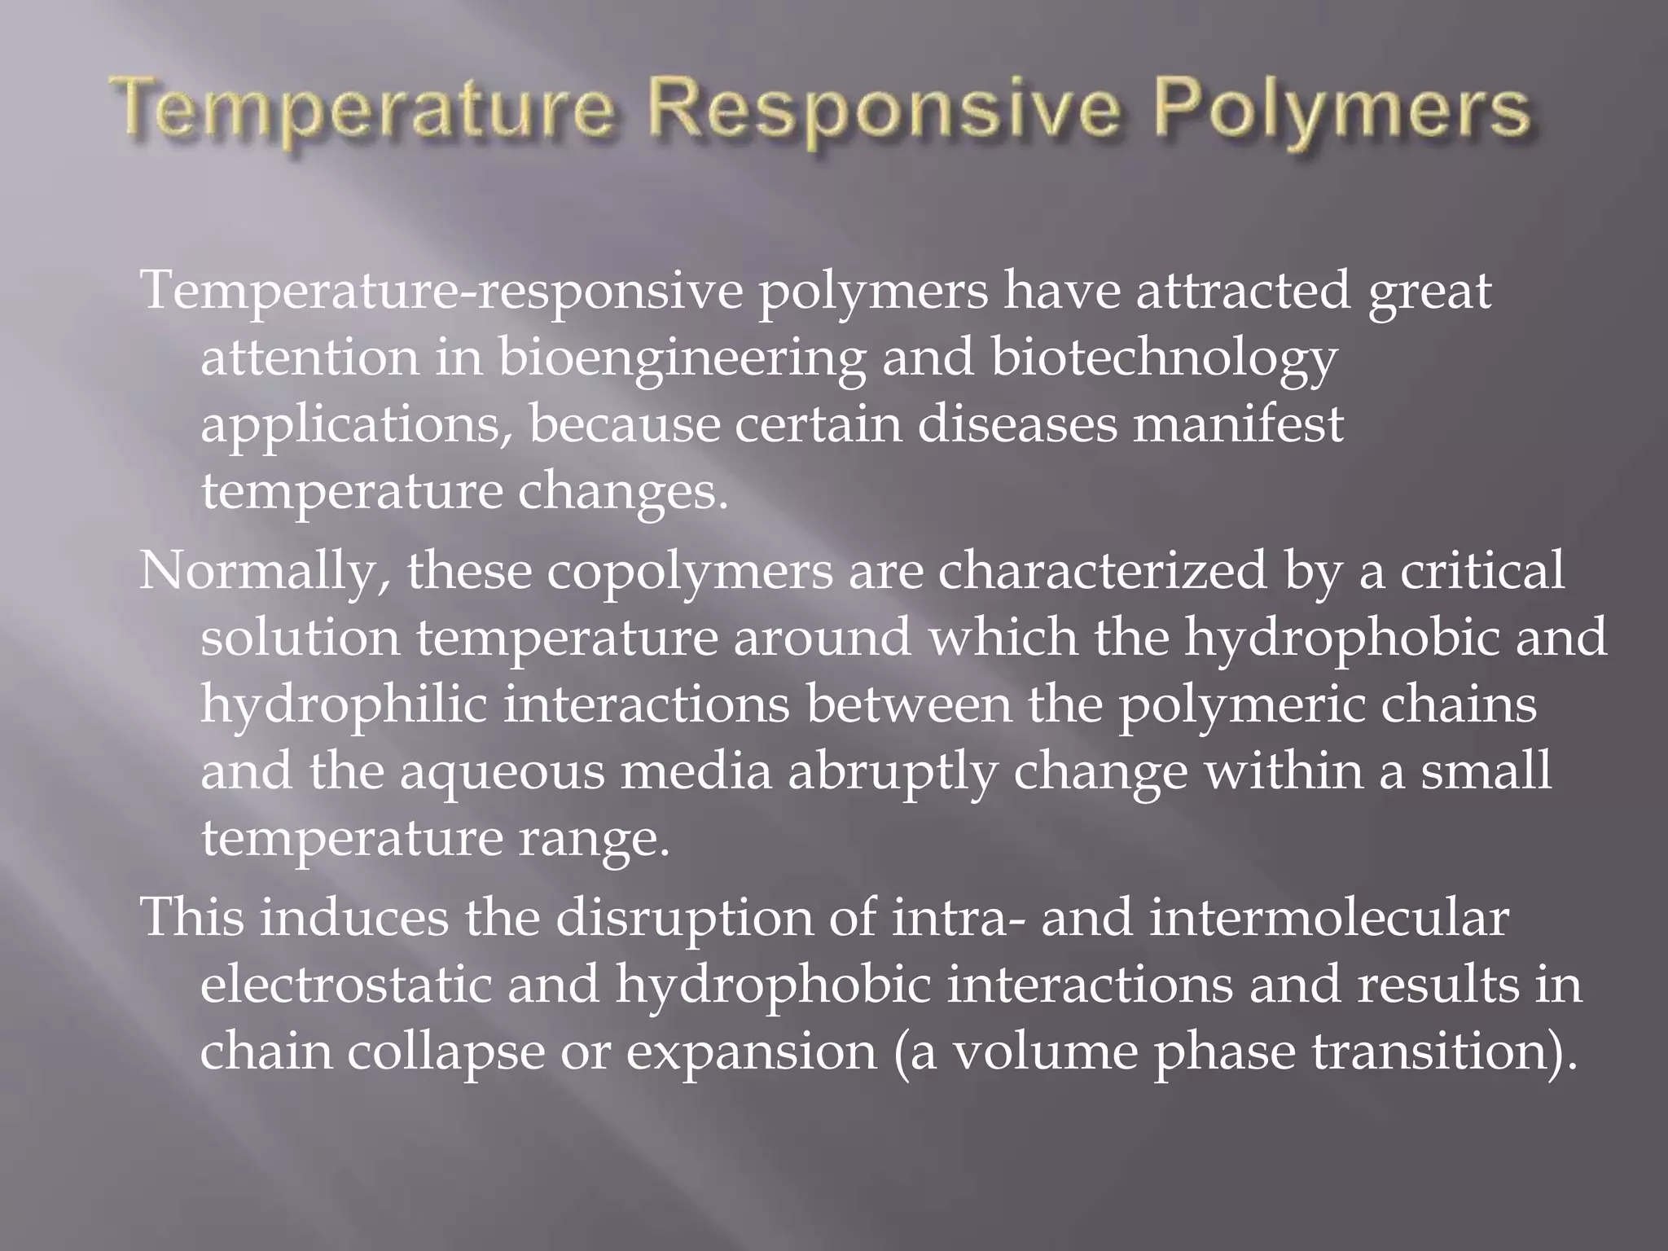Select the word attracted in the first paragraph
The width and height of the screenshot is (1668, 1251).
point(1243,291)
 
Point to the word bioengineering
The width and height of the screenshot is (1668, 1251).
point(682,359)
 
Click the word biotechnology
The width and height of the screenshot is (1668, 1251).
point(1164,359)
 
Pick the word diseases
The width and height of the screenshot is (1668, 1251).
point(1017,424)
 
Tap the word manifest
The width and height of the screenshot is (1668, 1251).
point(1238,424)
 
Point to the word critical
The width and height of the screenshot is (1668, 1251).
point(1482,571)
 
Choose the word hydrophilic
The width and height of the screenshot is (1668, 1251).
point(344,706)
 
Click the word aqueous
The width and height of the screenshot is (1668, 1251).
point(503,773)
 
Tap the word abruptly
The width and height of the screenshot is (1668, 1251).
point(893,773)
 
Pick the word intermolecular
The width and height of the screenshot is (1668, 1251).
point(1328,918)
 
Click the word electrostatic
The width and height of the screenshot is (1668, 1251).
point(346,985)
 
